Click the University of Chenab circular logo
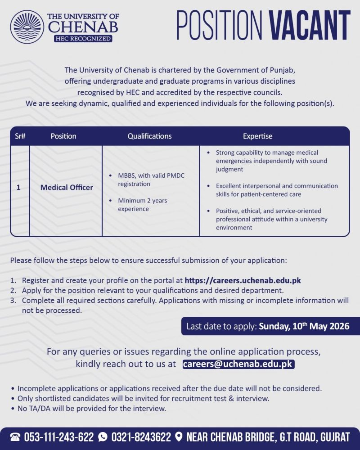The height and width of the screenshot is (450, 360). [27, 27]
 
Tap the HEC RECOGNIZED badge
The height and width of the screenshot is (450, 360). [83, 39]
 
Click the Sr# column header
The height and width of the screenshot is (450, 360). [20, 136]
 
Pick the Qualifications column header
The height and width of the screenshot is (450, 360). [149, 136]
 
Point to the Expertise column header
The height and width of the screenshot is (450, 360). [257, 136]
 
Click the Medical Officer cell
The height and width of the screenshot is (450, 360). [67, 187]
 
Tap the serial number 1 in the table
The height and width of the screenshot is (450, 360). [18, 187]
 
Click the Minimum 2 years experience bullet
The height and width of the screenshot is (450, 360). [142, 205]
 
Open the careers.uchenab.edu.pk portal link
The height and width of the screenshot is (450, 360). [243, 280]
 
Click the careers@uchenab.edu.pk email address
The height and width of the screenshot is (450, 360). [238, 364]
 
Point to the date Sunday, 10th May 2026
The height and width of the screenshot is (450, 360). [304, 326]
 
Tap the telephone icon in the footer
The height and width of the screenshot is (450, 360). [15, 437]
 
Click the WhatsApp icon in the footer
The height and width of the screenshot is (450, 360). [103, 437]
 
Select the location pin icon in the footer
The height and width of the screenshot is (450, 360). [179, 437]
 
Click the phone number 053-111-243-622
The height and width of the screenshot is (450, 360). [58, 437]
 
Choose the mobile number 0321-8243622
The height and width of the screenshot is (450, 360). [141, 437]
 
